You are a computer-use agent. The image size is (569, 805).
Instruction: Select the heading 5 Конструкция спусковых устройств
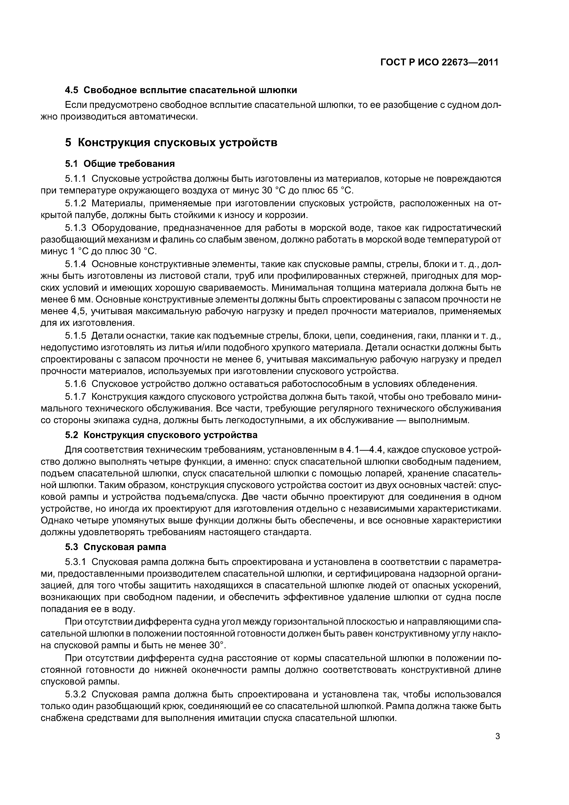pyautogui.click(x=171, y=143)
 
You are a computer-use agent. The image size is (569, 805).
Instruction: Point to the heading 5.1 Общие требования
pyautogui.click(x=120, y=164)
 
